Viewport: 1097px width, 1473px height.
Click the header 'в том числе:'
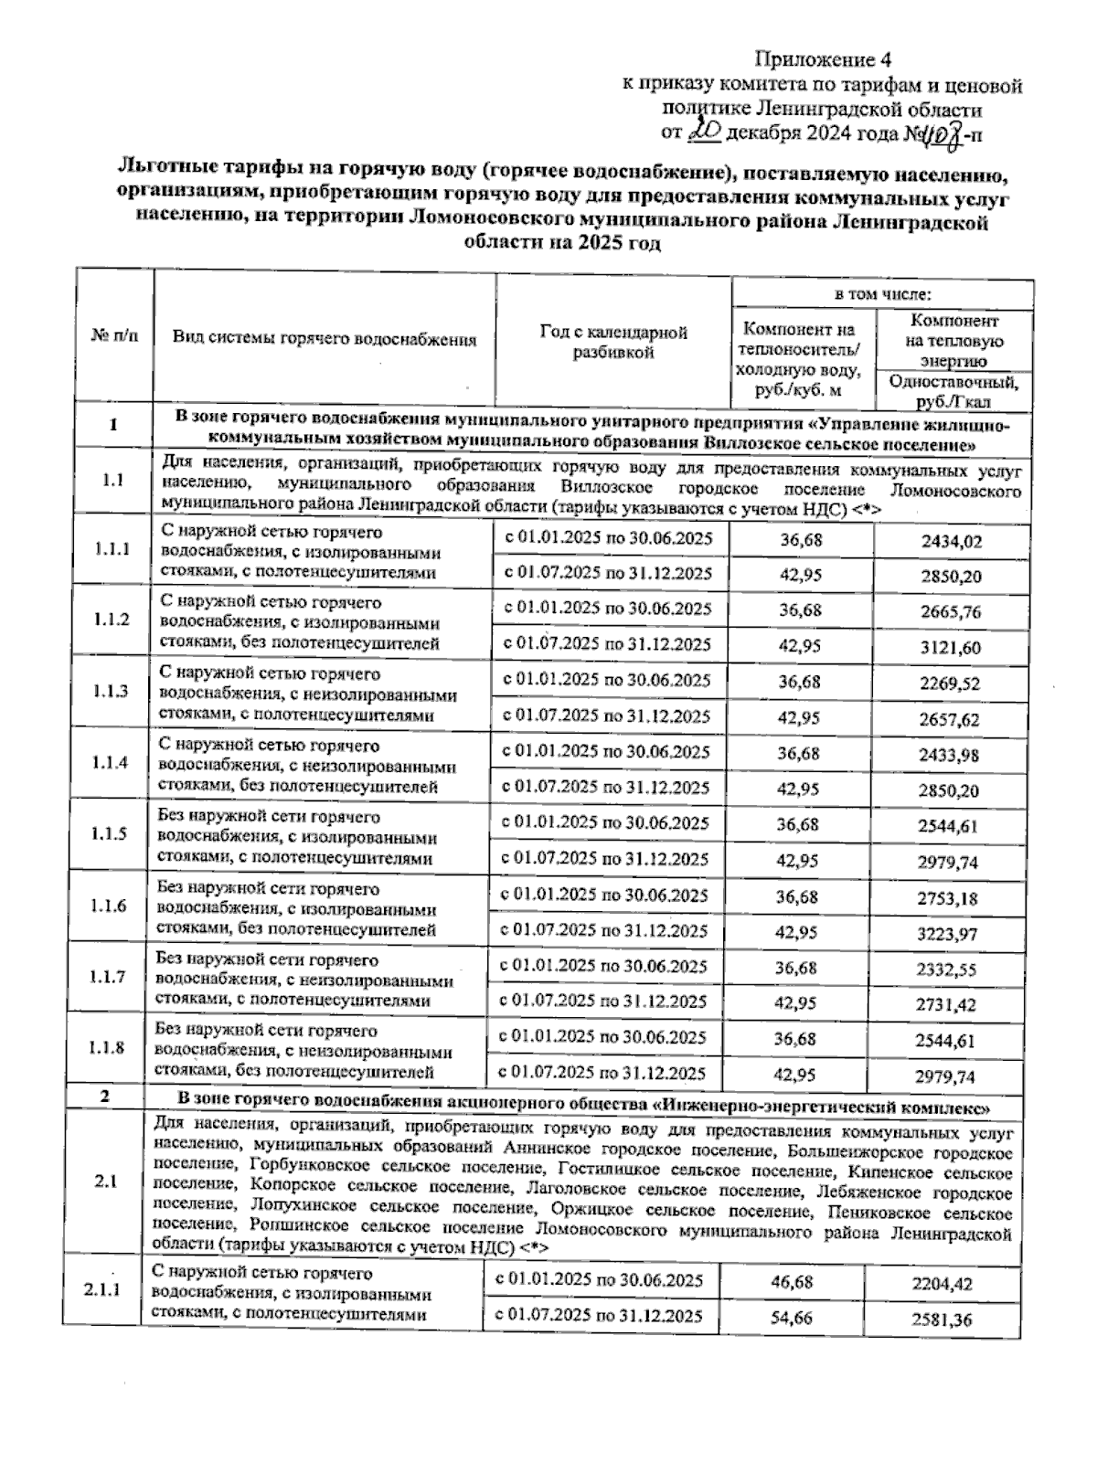[x=882, y=294]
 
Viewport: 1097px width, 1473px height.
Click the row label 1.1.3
[x=112, y=691]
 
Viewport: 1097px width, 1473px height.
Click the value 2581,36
[x=943, y=1319]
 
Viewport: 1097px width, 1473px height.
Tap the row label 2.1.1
[x=101, y=1290]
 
